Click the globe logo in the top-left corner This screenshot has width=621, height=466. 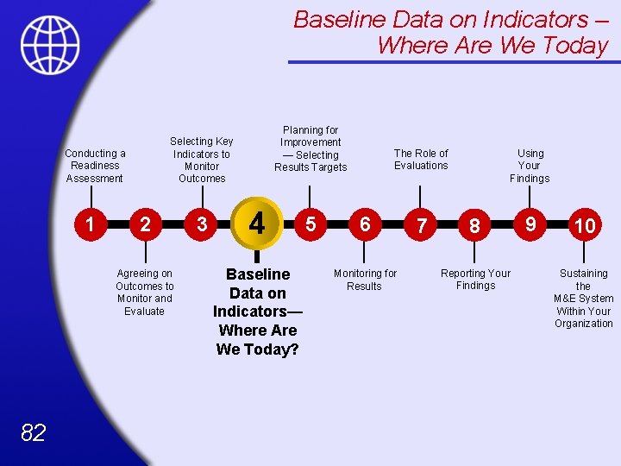(50, 45)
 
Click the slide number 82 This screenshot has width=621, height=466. (33, 432)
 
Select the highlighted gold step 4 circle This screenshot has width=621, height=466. (256, 224)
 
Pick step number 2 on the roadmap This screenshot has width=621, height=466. (146, 224)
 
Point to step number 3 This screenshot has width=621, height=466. (202, 224)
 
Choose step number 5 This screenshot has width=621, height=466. (310, 224)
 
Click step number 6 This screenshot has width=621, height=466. (365, 224)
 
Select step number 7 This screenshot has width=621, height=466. (421, 226)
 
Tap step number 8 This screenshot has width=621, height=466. (474, 226)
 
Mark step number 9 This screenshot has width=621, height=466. (531, 224)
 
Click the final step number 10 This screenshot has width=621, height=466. (585, 226)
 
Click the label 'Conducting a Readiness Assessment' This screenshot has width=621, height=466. (95, 166)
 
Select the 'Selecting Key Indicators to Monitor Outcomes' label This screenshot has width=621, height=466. (202, 160)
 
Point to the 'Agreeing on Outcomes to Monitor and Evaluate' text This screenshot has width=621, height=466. (145, 293)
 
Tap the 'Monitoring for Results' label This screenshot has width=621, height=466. (365, 280)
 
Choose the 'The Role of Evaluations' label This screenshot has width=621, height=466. (421, 160)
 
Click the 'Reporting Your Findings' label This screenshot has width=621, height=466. (475, 280)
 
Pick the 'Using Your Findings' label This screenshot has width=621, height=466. (530, 166)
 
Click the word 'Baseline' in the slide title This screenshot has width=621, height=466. (340, 20)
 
